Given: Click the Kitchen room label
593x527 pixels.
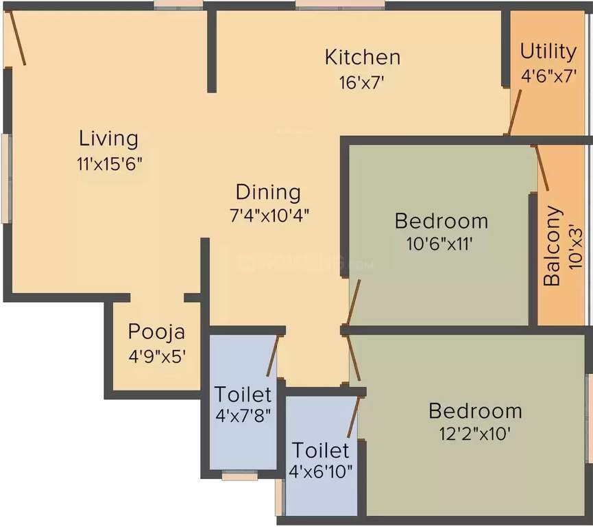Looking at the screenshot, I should [x=362, y=56].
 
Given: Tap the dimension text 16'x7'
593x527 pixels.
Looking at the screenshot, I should [x=361, y=82].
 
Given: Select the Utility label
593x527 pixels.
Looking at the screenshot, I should [x=548, y=51].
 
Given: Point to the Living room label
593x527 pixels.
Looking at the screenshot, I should [x=108, y=138].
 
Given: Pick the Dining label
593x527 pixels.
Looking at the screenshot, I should [x=268, y=191].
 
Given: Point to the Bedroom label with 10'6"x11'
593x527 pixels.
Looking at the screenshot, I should [x=441, y=221].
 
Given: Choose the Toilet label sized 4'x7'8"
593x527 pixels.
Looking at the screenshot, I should [x=243, y=395].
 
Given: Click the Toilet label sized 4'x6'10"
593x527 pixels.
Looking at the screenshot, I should [x=320, y=451].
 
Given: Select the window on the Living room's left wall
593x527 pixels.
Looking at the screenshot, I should [x=5, y=178].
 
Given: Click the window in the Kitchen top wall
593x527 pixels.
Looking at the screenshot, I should [x=340, y=5].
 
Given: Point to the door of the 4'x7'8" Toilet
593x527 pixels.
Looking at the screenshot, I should [x=272, y=355].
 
